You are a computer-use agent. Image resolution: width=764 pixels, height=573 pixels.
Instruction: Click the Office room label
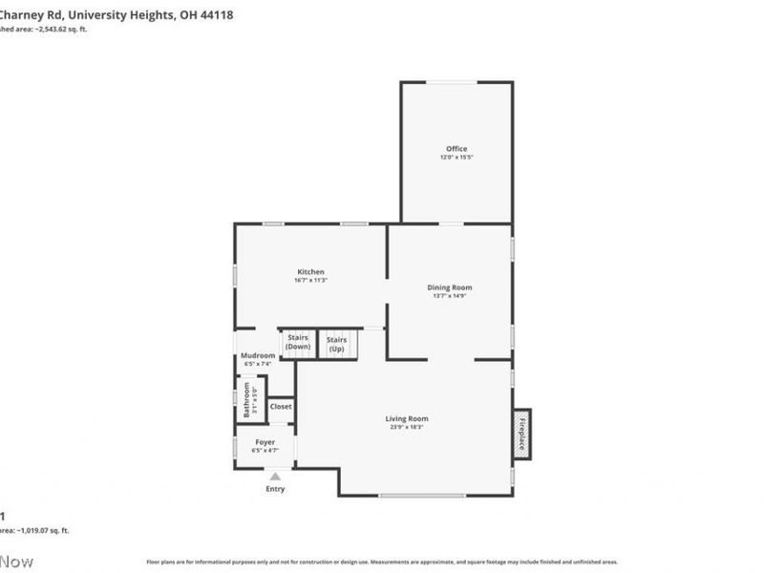(x=456, y=148)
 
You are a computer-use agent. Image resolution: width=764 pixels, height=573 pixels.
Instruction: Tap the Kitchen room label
(x=310, y=272)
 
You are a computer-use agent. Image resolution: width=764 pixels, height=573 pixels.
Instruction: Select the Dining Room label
(x=449, y=287)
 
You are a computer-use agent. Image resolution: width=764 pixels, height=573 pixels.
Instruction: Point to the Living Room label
(x=407, y=418)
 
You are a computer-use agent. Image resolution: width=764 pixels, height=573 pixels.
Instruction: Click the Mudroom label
(x=258, y=355)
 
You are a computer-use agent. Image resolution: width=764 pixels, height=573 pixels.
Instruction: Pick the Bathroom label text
(x=246, y=400)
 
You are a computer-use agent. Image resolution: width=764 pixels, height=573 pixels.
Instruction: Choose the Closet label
(x=281, y=407)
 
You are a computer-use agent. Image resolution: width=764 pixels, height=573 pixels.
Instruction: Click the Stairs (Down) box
(x=298, y=343)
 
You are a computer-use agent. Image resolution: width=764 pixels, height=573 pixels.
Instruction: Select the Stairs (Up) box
(x=336, y=344)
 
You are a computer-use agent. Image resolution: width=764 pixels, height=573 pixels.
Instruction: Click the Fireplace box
(x=522, y=434)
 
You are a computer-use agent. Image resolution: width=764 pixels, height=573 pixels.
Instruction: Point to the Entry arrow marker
(x=275, y=476)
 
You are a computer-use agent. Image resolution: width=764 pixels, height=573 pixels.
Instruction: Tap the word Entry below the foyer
(x=275, y=489)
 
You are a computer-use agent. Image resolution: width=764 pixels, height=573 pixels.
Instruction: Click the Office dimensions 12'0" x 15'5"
(x=456, y=158)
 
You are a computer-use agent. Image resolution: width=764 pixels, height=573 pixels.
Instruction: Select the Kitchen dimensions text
(x=310, y=281)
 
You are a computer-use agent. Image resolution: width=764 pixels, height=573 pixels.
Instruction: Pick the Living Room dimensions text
(x=407, y=427)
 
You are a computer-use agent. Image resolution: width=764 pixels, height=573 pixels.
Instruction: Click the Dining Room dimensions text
(x=449, y=296)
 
